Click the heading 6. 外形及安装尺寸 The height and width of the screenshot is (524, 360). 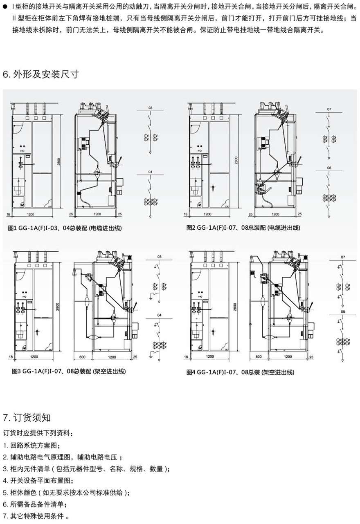point(40,74)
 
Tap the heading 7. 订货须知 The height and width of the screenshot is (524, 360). point(27,417)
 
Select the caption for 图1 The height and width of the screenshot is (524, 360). point(65,227)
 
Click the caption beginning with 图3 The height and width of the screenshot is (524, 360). point(69,371)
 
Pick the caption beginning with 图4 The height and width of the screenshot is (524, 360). point(240,372)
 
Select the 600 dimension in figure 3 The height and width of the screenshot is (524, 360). point(82,357)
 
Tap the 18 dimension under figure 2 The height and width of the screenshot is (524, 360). point(185,214)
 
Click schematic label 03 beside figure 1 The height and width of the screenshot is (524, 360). point(150,108)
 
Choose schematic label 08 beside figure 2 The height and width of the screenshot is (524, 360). point(329,168)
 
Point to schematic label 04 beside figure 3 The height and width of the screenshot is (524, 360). point(159,315)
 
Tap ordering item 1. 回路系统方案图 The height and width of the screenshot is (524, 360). point(32,445)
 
